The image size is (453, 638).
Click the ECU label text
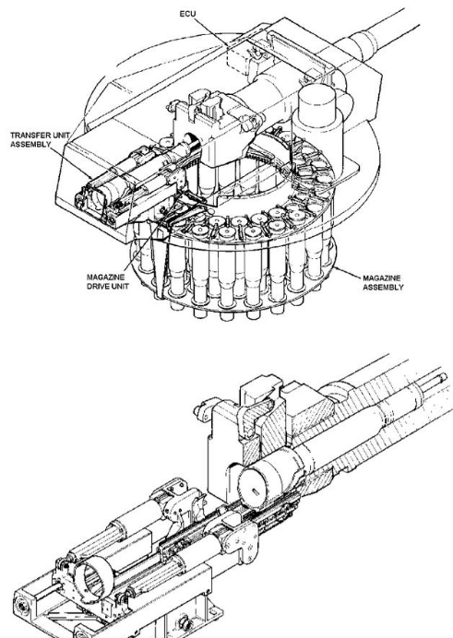(187, 14)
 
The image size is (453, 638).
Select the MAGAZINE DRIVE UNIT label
(108, 281)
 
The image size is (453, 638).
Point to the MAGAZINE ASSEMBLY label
(383, 283)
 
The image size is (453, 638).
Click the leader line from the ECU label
(211, 31)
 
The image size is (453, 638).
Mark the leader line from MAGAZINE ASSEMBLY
(347, 273)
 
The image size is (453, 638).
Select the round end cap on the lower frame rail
(21, 607)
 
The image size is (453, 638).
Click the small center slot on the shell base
(256, 492)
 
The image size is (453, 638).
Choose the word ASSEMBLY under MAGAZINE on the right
(383, 288)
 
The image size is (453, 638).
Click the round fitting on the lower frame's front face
(184, 622)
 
